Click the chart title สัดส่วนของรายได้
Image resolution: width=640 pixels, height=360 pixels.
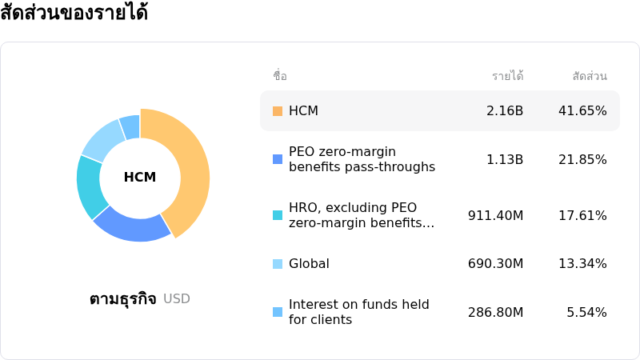tap(74, 14)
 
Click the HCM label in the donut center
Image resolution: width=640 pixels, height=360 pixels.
tap(140, 178)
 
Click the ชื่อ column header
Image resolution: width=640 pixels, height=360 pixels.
tap(280, 77)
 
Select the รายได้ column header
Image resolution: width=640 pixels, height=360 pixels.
tap(507, 77)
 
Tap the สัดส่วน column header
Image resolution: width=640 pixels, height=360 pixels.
tap(590, 77)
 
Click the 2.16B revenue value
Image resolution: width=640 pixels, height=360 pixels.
tap(505, 111)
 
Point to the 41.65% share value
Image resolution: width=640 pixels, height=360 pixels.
tap(582, 111)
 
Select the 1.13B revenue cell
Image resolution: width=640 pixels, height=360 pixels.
tap(505, 159)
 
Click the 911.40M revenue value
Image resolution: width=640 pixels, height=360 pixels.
tap(496, 215)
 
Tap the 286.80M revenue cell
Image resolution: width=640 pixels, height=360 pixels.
tap(496, 312)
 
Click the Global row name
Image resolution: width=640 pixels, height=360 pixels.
tap(309, 264)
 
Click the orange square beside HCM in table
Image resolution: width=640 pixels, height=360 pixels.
tap(278, 111)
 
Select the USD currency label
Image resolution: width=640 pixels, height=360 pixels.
tap(177, 299)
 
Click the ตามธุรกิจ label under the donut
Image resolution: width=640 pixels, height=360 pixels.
tap(123, 299)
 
